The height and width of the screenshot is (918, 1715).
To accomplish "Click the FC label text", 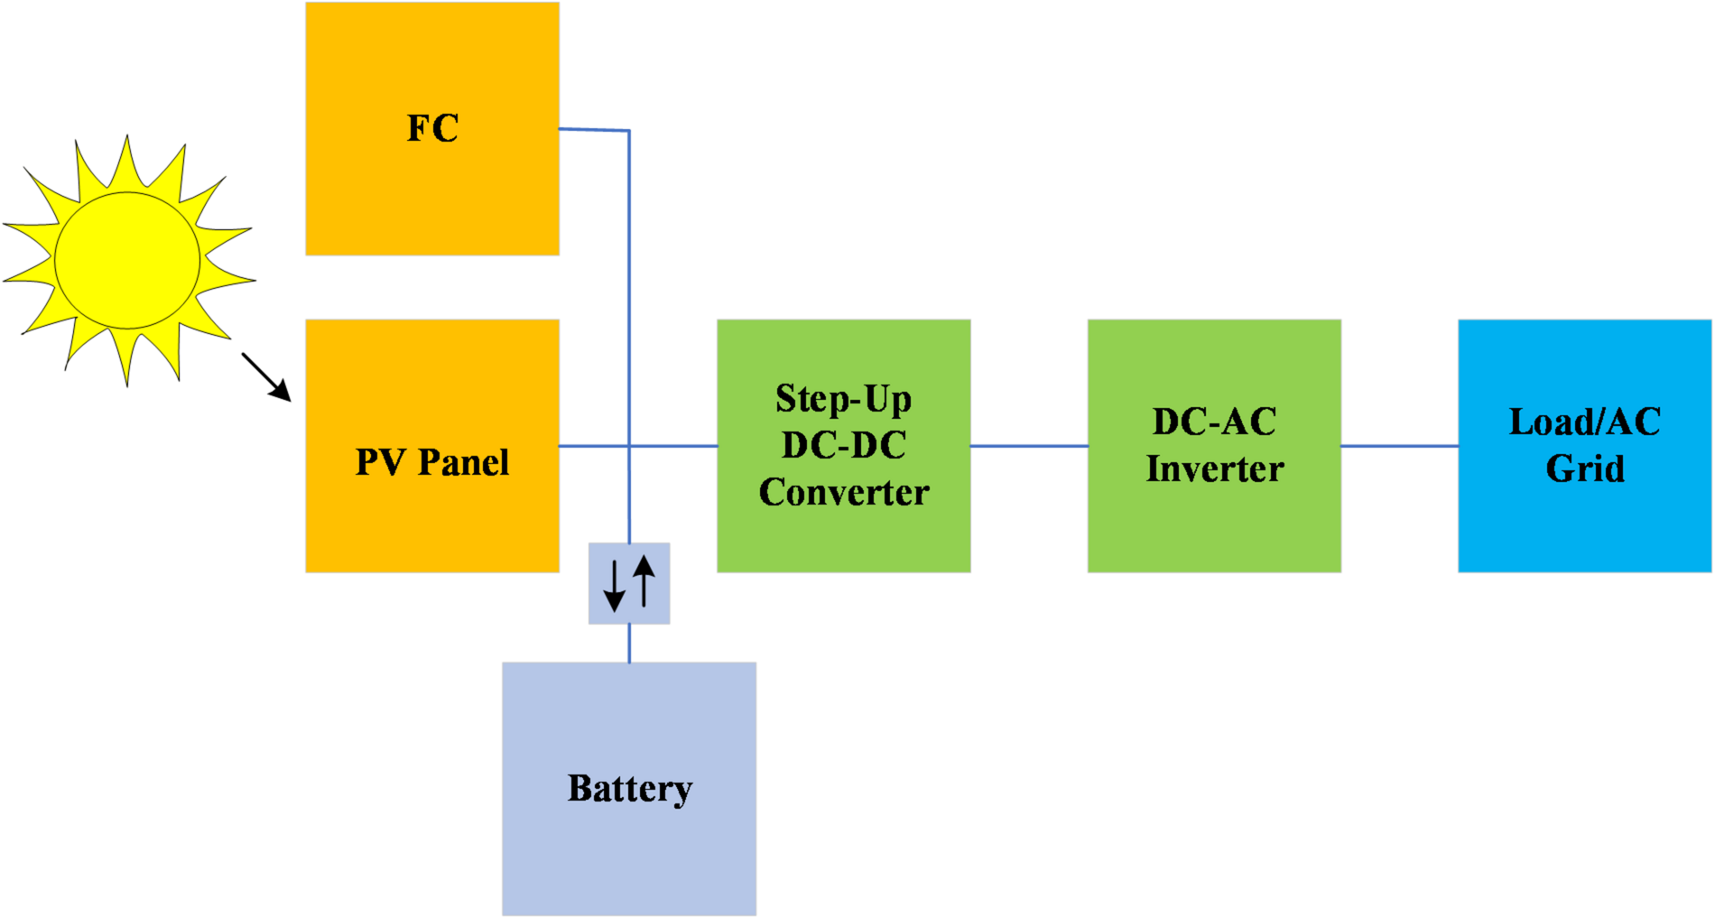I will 432,128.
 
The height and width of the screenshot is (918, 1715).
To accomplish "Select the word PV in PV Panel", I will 379,462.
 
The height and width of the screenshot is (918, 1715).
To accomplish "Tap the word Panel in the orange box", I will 464,462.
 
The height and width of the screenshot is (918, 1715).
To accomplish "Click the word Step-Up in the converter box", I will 843,399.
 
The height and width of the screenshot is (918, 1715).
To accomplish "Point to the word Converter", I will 843,493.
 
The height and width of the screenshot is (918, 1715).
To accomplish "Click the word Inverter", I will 1214,469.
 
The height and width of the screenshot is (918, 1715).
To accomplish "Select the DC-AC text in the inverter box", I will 1214,422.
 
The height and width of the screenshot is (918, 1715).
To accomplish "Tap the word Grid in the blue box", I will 1584,469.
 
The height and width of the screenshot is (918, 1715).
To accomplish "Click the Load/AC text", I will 1584,422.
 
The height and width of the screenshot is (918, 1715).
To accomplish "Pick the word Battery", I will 629,789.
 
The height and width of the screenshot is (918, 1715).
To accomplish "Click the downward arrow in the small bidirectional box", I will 614,586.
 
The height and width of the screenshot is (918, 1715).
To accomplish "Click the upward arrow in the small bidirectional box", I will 644,580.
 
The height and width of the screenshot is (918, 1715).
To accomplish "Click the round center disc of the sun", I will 127,260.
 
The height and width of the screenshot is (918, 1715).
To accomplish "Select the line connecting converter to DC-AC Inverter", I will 1029,446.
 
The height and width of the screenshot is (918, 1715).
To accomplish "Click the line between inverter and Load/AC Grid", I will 1399,446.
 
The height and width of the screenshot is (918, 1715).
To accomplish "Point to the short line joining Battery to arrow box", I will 629,643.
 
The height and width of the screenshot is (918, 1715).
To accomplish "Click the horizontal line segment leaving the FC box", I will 593,130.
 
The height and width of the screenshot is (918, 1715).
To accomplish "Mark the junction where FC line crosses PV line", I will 629,446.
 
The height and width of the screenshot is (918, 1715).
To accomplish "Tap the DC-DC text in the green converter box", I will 843,446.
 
